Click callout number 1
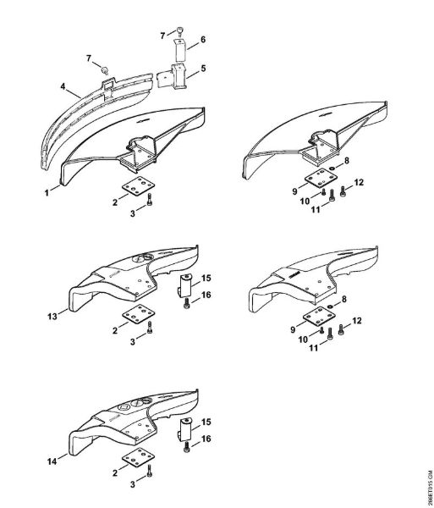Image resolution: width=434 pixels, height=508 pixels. tap(47, 193)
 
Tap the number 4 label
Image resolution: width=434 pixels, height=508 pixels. tap(63, 86)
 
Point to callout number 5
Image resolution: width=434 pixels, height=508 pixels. tap(203, 69)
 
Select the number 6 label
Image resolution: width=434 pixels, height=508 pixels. tap(203, 40)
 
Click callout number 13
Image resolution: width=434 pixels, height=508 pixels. tap(52, 316)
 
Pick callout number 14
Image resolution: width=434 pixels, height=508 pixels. tap(52, 461)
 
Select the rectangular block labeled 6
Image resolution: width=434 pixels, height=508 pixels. tap(180, 50)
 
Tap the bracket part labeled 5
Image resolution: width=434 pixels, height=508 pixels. tap(173, 77)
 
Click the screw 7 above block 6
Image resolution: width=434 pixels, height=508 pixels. tap(180, 30)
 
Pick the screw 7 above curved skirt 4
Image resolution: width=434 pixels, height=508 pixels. tap(105, 70)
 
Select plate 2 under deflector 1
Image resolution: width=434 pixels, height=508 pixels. tap(138, 185)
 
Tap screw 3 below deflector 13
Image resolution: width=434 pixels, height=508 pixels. tap(150, 328)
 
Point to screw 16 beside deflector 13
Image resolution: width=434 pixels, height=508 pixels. tap(186, 303)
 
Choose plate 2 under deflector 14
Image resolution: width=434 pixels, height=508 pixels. tap(138, 457)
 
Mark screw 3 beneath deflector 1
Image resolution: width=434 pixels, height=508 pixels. tap(150, 200)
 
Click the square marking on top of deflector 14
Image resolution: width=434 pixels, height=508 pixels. tap(124, 407)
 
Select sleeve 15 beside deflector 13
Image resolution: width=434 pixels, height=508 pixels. tap(185, 284)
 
